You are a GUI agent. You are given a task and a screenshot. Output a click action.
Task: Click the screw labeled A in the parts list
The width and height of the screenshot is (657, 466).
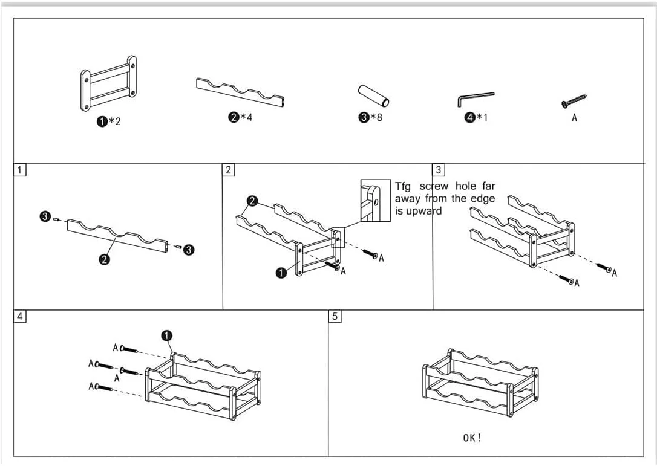574,102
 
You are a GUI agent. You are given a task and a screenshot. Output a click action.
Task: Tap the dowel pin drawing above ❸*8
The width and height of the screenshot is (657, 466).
373,96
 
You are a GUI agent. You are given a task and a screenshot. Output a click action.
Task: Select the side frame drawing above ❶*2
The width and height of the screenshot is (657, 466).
108,83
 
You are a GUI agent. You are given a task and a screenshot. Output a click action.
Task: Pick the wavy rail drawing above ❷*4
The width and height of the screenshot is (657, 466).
241,92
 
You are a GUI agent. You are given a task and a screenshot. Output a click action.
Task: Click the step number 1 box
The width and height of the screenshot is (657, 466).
20,170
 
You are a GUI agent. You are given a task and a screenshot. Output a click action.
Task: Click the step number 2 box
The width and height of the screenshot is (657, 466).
228,170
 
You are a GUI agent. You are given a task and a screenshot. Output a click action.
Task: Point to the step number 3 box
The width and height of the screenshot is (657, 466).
439,170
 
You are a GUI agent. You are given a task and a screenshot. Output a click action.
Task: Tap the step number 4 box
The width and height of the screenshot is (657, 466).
20,316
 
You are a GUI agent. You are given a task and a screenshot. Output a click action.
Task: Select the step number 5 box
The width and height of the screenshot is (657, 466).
335,316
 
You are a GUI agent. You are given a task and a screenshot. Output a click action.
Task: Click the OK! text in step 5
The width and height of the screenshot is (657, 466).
472,438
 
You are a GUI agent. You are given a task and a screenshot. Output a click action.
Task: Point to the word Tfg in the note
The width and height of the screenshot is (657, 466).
403,186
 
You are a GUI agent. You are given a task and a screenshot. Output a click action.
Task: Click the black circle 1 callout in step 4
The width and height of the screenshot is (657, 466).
166,336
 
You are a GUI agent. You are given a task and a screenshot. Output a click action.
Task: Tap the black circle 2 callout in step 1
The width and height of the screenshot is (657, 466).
104,259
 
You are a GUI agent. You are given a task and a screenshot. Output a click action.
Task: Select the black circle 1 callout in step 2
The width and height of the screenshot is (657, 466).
281,273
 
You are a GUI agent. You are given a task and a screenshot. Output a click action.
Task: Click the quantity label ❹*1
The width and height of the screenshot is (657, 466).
476,118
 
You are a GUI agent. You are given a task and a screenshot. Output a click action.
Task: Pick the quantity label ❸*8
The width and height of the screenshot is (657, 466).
370,117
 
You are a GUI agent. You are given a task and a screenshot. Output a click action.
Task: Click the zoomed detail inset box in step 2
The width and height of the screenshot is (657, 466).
376,201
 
